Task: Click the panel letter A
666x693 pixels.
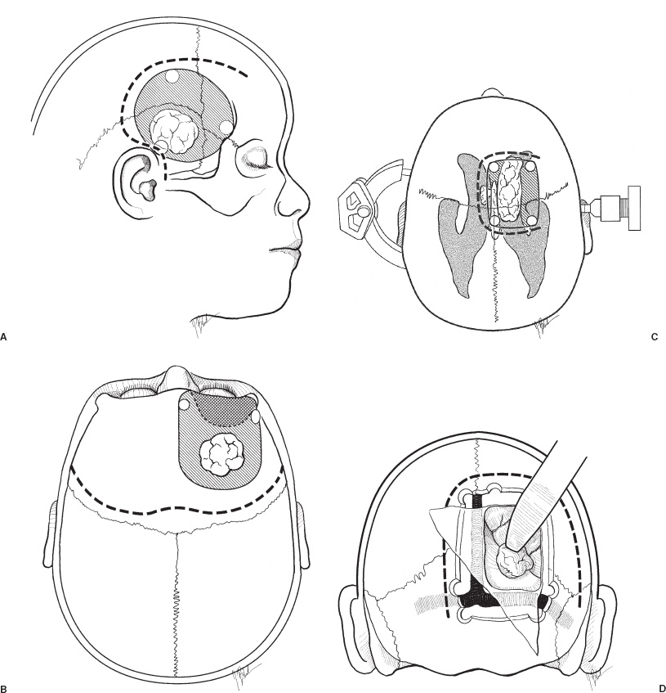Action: point(3,337)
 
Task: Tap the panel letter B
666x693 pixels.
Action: point(3,688)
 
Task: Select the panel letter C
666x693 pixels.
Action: point(654,337)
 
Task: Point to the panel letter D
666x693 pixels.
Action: point(661,688)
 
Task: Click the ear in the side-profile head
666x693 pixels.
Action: point(136,181)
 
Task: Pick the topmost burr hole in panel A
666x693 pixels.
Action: point(172,76)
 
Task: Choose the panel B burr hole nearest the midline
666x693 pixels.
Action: point(185,404)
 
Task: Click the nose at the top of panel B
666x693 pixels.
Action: point(177,376)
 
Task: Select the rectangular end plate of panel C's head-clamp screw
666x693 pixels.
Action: point(634,208)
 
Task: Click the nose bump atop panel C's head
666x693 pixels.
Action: point(491,92)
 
